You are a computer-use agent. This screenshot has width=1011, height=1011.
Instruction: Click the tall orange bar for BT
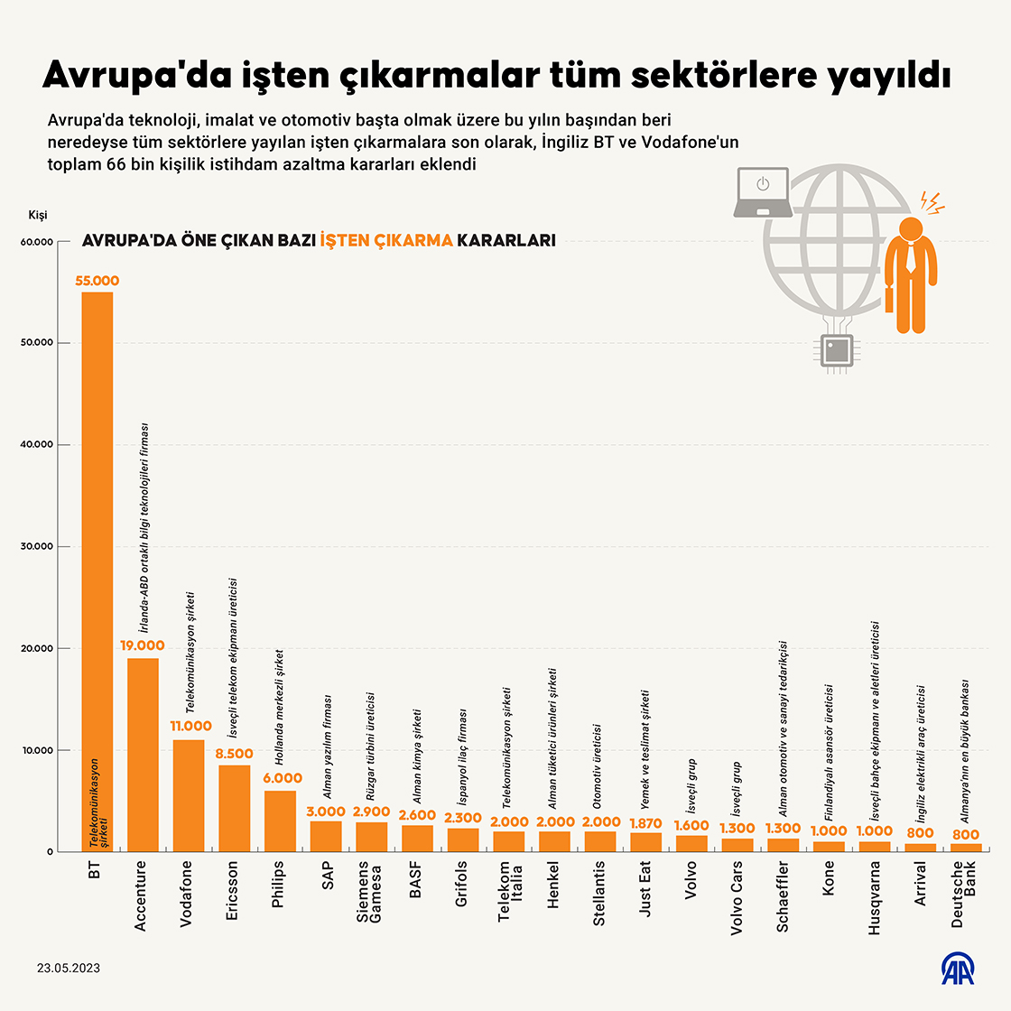[x=97, y=569]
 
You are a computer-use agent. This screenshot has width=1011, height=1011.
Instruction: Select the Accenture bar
[x=143, y=755]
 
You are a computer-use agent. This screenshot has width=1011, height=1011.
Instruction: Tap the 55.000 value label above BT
[x=97, y=282]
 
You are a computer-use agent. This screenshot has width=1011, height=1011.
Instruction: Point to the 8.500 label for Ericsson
[x=235, y=754]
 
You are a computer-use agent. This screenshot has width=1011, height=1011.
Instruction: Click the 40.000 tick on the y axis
[x=37, y=445]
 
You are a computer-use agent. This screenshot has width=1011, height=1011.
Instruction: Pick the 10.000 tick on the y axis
[x=37, y=750]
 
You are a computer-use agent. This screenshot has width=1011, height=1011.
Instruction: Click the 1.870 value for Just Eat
[x=645, y=823]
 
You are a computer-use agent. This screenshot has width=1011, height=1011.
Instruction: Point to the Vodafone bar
[x=189, y=795]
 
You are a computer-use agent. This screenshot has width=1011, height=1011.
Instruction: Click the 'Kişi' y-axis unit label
[x=38, y=215]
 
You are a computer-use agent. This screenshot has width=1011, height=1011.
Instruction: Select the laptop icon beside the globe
[x=763, y=192]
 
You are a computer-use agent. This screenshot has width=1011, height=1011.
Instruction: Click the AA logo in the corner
[x=959, y=968]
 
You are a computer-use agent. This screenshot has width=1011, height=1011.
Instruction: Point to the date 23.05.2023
[x=69, y=968]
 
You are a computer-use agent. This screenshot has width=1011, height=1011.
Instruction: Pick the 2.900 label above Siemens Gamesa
[x=371, y=812]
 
